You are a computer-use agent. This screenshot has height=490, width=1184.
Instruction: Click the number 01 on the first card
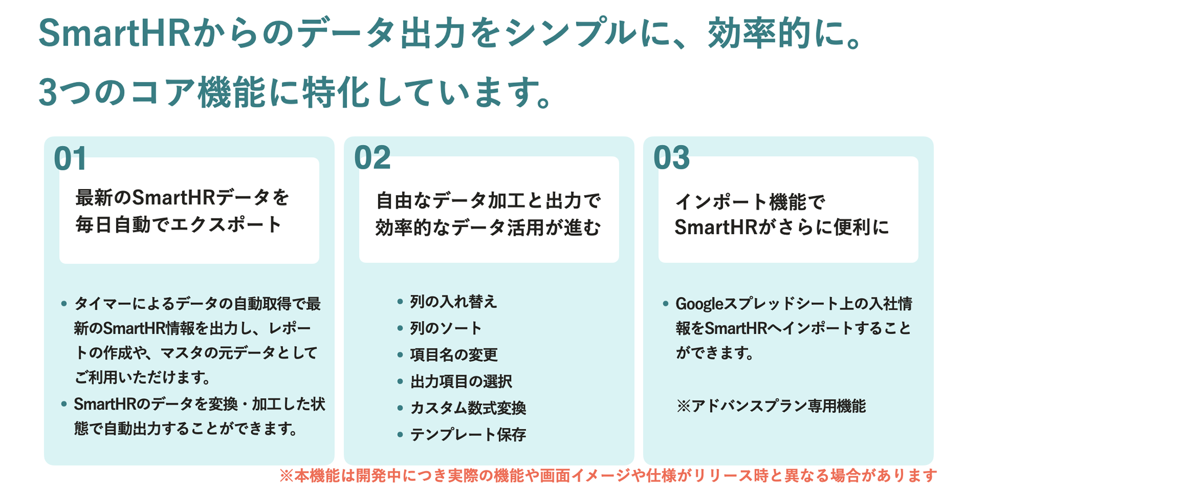tap(70, 158)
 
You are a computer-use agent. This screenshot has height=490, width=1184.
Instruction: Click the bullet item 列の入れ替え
tap(453, 302)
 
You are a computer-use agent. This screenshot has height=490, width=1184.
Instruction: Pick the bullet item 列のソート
tap(446, 328)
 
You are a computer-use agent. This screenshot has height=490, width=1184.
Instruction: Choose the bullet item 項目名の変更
tap(454, 355)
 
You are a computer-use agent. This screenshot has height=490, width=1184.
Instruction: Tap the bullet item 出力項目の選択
tap(461, 381)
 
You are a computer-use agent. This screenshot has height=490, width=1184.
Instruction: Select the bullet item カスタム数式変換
tap(468, 408)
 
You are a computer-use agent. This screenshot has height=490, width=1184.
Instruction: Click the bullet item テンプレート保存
tap(468, 434)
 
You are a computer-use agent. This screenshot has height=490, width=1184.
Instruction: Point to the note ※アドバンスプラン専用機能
tap(771, 406)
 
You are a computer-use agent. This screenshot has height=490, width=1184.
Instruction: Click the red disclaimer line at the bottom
tap(608, 475)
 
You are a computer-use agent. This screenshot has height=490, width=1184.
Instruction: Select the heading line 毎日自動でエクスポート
tap(179, 224)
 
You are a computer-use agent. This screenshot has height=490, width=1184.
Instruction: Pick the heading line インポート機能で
tap(750, 202)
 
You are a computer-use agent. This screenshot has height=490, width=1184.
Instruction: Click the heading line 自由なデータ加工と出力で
tap(488, 201)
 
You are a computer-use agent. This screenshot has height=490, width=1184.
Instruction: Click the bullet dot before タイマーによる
tap(64, 303)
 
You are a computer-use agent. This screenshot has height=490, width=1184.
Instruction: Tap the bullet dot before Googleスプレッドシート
tap(665, 303)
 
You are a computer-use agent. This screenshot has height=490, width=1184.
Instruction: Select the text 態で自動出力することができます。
tap(186, 428)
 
